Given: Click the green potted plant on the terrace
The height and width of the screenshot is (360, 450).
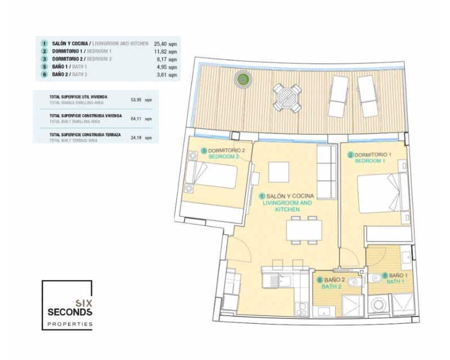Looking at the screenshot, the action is click(x=243, y=80).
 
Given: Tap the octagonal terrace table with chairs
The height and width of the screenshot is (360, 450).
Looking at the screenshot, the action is click(x=287, y=97).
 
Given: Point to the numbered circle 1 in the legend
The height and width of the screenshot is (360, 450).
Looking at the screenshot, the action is click(x=44, y=43).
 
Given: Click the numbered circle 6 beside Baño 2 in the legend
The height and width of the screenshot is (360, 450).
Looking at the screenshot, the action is click(x=44, y=74).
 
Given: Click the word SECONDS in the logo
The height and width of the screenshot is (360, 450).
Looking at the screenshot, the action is click(x=70, y=313).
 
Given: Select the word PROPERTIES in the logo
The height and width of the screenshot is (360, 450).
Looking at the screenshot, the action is click(x=70, y=325).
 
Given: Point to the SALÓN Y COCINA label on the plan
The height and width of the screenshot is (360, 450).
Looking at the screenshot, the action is click(x=290, y=196).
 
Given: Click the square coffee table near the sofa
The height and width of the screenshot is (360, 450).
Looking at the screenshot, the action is click(x=278, y=172).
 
